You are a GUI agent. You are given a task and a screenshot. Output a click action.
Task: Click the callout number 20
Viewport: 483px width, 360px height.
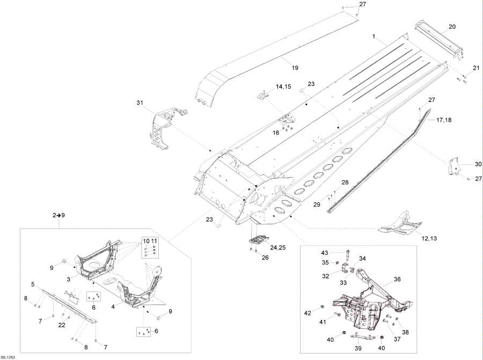[452, 27]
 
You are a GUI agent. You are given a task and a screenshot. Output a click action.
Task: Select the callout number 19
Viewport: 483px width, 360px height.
[295, 68]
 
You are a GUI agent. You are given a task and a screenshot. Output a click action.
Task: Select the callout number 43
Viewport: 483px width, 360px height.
[324, 253]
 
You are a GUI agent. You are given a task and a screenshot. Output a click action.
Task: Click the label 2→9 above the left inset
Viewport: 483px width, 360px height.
[59, 215]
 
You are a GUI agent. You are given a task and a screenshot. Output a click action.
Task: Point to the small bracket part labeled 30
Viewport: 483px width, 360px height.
[453, 166]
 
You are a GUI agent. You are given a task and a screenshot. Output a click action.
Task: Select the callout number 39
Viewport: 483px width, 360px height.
[357, 348]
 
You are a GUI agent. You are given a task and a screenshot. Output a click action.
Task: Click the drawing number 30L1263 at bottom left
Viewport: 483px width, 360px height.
[8, 357]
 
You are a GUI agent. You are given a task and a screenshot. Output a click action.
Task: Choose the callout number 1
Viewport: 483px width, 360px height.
[374, 36]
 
